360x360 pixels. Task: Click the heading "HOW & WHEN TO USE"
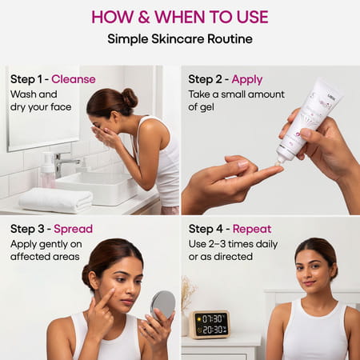pyautogui.click(x=179, y=17)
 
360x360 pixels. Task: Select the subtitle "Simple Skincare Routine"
pyautogui.click(x=179, y=38)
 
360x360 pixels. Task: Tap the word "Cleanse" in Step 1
pyautogui.click(x=74, y=79)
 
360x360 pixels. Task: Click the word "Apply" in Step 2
pyautogui.click(x=247, y=79)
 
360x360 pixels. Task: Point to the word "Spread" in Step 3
pyautogui.click(x=73, y=229)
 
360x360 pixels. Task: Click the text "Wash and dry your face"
pyautogui.click(x=41, y=100)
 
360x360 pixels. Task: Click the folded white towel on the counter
pyautogui.click(x=55, y=199)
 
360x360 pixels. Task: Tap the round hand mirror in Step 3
pyautogui.click(x=162, y=304)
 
